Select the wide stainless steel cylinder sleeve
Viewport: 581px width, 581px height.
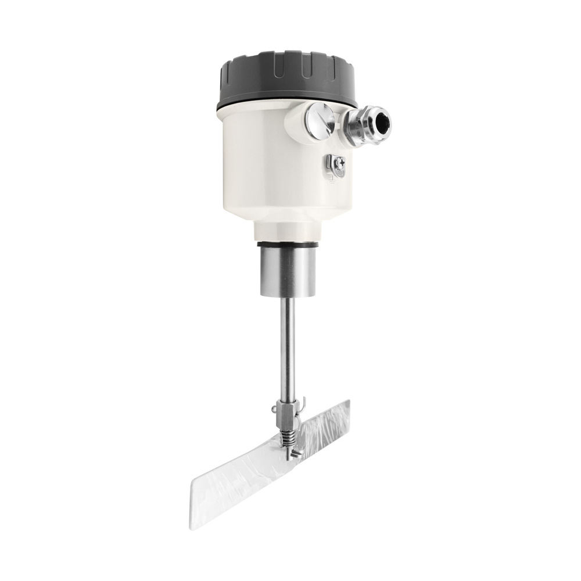(286, 270)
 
